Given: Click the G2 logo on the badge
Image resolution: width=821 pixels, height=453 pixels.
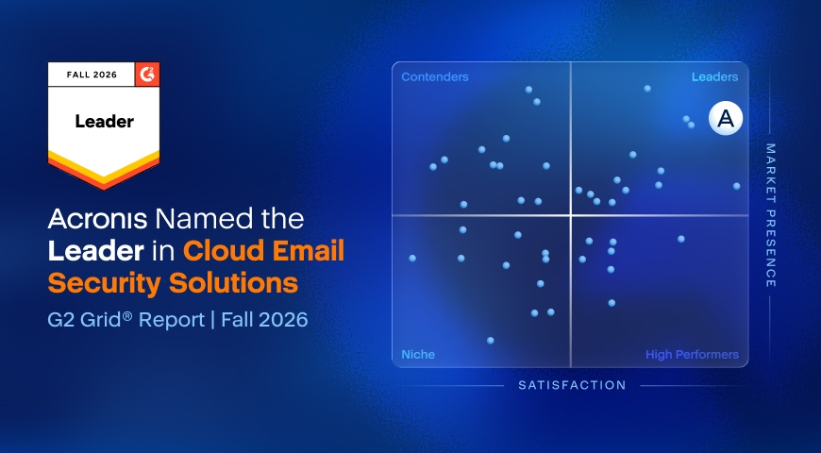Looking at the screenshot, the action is pos(147,75).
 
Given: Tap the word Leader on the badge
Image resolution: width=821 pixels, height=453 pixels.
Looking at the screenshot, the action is pos(104,122).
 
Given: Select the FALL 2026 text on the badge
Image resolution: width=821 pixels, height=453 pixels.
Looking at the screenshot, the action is pos(92,75).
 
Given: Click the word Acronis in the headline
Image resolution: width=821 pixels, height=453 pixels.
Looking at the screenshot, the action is pos(97,218).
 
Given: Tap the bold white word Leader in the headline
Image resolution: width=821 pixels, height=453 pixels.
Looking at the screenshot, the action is pos(96,251).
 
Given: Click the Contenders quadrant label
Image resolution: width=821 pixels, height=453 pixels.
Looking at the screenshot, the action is pos(435,77).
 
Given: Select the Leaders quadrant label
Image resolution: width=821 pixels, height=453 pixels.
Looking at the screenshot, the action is pos(714,77).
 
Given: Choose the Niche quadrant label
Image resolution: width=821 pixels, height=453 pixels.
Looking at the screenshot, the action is pos(418,355).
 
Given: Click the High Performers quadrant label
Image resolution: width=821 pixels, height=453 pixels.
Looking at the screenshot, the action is pos(692,355).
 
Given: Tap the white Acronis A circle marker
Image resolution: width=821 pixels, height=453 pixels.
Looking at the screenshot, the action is pos(726,119).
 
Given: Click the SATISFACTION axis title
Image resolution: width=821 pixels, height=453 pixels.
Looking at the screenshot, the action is pos(572,385).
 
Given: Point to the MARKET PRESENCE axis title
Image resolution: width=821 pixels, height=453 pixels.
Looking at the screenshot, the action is pos(770,215).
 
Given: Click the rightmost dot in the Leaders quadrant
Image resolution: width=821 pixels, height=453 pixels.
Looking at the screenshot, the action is pos(737,186).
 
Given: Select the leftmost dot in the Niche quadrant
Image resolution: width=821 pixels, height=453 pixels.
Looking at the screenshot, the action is pos(412,259).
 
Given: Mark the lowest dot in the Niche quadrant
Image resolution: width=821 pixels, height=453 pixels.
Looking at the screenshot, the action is pos(490,341).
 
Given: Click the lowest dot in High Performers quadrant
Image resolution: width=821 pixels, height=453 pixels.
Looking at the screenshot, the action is pos(612,303).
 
